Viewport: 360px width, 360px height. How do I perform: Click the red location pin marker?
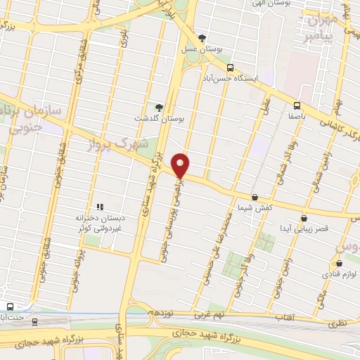click(x=181, y=166)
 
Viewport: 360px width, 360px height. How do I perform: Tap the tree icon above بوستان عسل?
click(x=202, y=37)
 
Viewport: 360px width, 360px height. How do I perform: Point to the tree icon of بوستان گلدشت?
click(x=160, y=108)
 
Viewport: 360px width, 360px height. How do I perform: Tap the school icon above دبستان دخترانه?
click(x=99, y=207)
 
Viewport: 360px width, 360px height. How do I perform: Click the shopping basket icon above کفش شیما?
click(x=254, y=198)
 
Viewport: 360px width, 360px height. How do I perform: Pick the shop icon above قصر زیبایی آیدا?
click(x=304, y=219)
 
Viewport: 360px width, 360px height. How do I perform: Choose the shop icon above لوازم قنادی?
click(x=338, y=264)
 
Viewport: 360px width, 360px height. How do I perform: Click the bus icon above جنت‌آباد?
click(x=10, y=307)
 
